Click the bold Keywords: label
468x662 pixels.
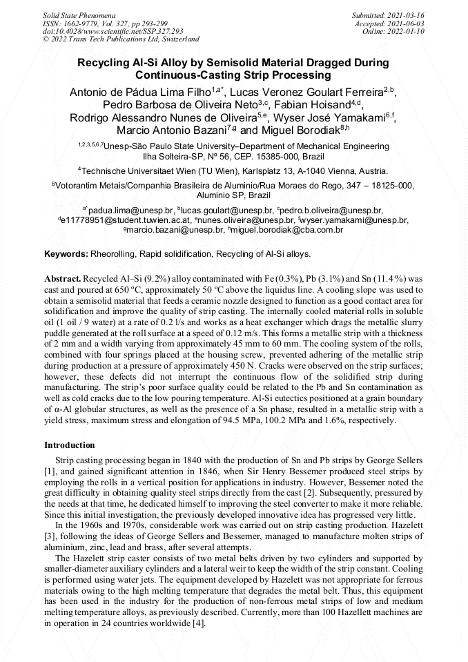[66, 254]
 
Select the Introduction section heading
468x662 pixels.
[70, 445]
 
